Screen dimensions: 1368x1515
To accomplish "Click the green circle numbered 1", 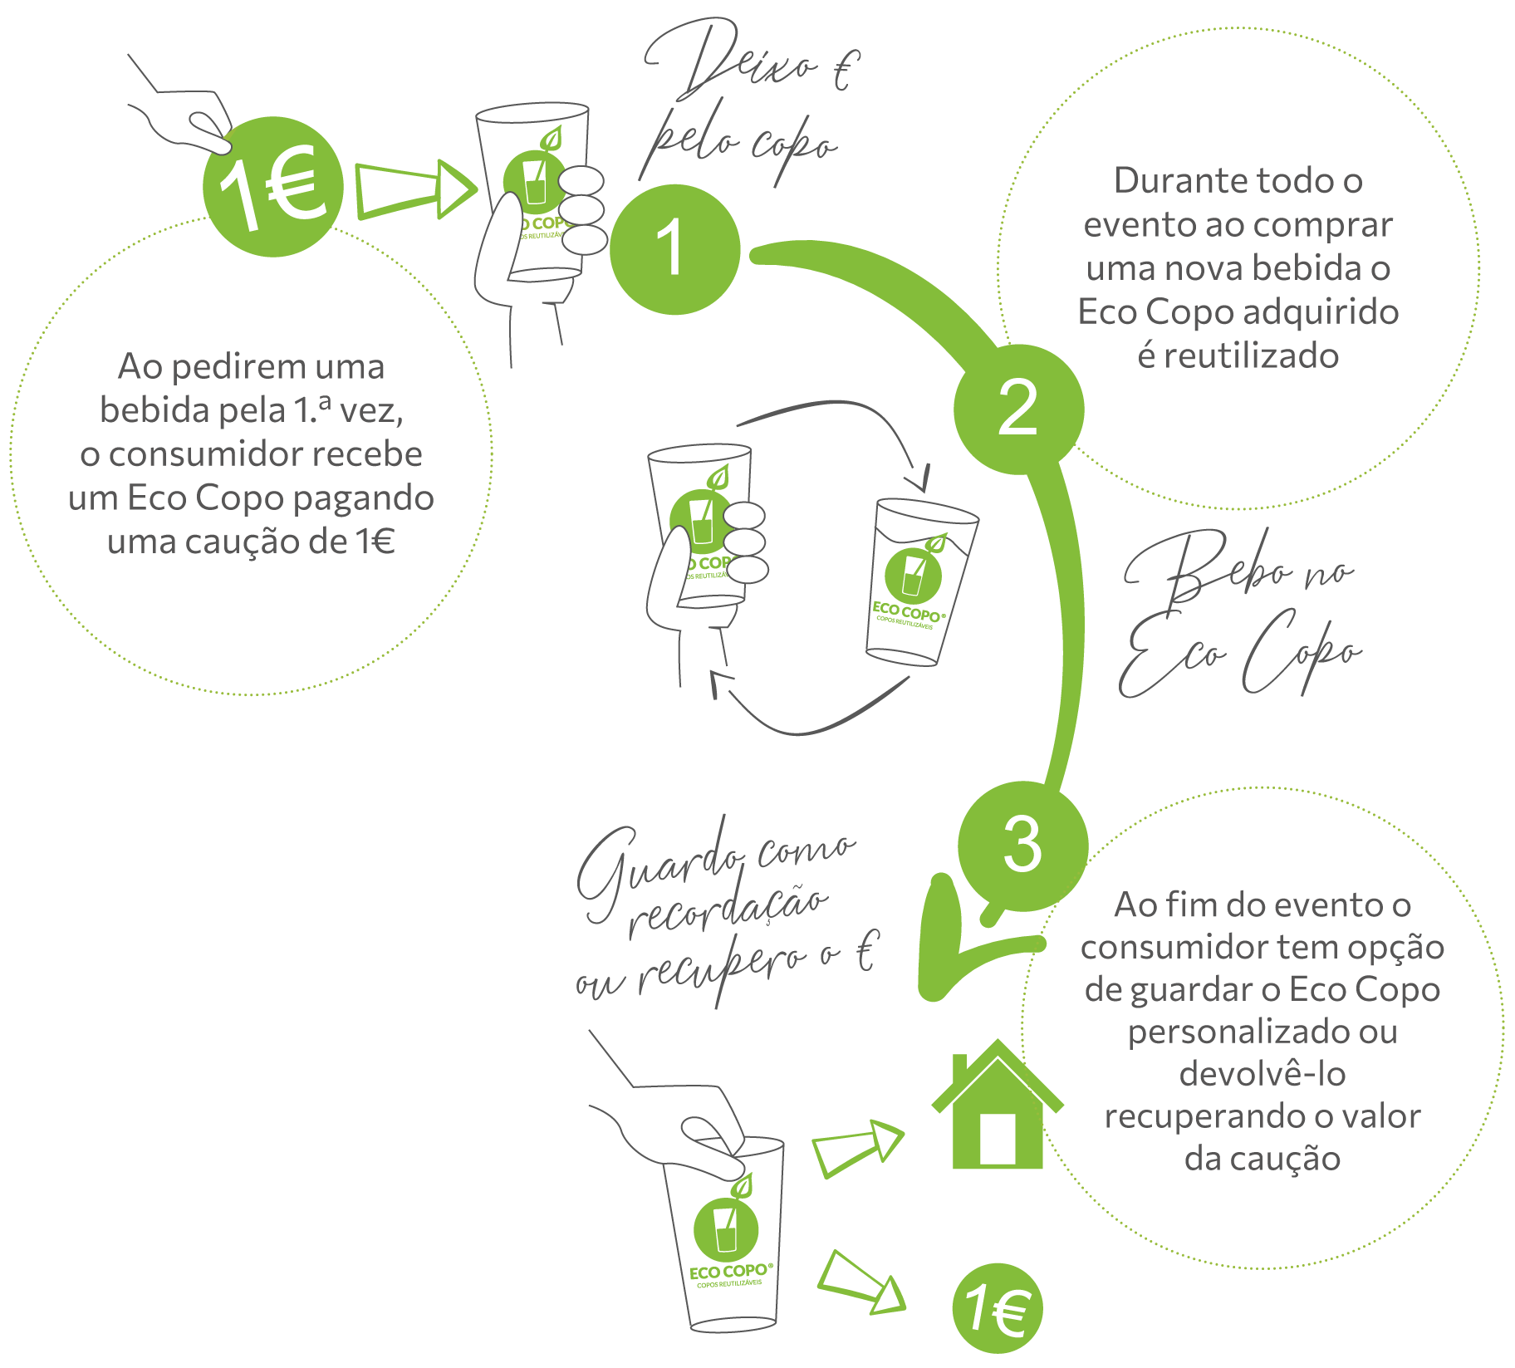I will pyautogui.click(x=674, y=248).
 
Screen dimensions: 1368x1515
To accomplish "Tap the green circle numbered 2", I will pyautogui.click(x=1018, y=409).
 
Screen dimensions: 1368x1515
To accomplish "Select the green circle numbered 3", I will pyautogui.click(x=1022, y=845).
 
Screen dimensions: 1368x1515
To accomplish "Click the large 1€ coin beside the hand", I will pyautogui.click(x=273, y=186).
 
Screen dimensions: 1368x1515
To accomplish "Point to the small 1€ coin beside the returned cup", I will pyautogui.click(x=997, y=1309).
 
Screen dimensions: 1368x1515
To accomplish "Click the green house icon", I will pyautogui.click(x=997, y=1109).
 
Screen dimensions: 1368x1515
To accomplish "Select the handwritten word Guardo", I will pyautogui.click(x=656, y=864).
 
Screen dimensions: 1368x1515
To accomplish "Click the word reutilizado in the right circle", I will pyautogui.click(x=1238, y=356).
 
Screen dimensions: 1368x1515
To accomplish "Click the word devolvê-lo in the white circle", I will pyautogui.click(x=1262, y=1074).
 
